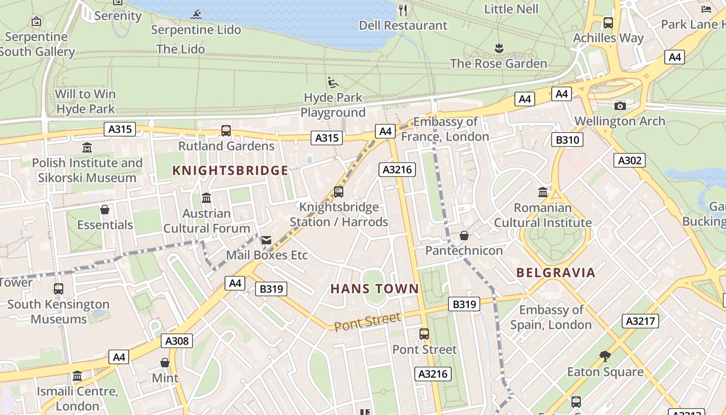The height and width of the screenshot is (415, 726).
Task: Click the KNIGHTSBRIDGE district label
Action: tap(230, 171)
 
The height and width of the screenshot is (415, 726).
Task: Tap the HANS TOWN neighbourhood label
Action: tap(374, 289)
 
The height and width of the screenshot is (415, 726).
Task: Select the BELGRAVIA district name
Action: tap(556, 273)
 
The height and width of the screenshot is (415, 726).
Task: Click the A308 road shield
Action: tap(177, 341)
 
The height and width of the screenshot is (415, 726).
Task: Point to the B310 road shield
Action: tap(567, 140)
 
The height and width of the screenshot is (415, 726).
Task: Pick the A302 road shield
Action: tap(629, 160)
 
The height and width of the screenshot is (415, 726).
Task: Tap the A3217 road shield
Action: tap(640, 321)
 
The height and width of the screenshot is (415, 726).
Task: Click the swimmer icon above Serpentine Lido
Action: tap(196, 15)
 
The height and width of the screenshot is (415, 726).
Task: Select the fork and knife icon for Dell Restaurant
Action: tap(403, 10)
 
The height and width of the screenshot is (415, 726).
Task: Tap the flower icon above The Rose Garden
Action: tap(499, 49)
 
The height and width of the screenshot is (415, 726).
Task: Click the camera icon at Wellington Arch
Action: tap(620, 106)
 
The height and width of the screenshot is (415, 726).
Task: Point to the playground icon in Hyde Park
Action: tap(333, 82)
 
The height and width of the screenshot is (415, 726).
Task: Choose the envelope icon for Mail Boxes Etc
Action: tap(267, 240)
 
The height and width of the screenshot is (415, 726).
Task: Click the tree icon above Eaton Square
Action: tap(605, 356)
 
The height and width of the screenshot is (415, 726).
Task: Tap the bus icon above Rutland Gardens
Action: tap(226, 131)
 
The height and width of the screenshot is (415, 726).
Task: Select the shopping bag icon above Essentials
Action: tap(105, 210)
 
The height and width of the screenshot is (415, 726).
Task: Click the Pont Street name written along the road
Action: tap(367, 322)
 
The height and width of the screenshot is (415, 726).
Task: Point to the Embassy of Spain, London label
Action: tap(551, 317)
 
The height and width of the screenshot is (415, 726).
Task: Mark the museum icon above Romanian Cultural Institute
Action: tap(543, 192)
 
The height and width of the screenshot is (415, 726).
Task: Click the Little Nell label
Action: tap(511, 9)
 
